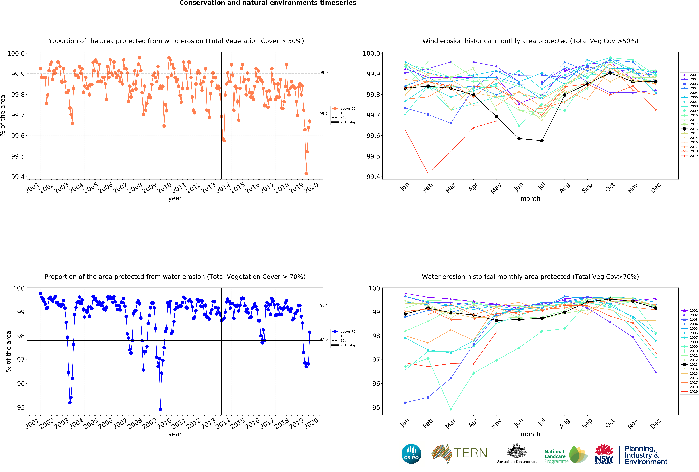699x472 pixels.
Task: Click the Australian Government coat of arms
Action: (516, 451)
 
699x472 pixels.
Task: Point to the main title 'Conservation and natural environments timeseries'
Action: (268, 3)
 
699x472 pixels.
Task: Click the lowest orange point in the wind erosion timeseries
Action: (306, 173)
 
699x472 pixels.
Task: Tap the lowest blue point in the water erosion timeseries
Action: (160, 409)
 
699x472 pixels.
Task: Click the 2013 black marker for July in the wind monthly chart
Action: (542, 141)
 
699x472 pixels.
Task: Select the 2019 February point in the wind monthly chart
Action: (428, 173)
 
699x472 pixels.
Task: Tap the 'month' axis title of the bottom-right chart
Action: (530, 434)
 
